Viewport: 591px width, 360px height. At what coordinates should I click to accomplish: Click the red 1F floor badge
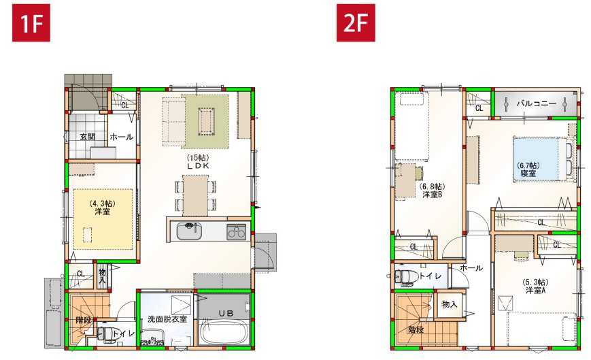[31, 23]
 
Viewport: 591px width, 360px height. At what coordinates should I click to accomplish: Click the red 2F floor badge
[355, 23]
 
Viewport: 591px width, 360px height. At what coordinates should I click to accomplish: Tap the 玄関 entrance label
[87, 137]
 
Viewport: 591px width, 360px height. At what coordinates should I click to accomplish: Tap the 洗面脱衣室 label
[167, 318]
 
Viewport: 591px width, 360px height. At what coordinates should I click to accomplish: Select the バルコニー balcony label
[536, 104]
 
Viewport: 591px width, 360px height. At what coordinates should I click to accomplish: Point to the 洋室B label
[432, 194]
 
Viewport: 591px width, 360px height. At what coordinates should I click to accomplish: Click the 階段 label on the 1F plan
[83, 318]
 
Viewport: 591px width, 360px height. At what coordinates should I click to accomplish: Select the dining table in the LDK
[196, 195]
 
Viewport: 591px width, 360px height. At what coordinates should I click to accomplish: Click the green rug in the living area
[205, 120]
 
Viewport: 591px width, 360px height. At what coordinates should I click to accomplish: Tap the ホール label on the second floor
[471, 268]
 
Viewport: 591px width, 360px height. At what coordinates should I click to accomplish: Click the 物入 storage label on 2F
[450, 304]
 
